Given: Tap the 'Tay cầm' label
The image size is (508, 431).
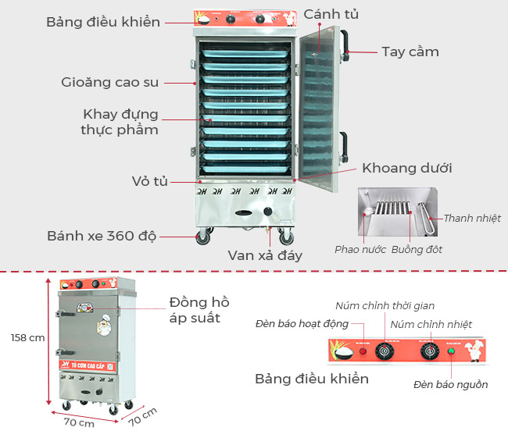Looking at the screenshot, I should [410, 52].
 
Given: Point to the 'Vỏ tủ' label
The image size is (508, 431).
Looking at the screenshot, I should [149, 181].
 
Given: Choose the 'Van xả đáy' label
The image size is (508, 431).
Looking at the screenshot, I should [265, 255].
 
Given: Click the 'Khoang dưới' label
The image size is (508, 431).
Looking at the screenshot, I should [406, 168].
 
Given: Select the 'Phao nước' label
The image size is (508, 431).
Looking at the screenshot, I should [359, 250].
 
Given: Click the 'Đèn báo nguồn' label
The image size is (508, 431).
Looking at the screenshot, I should [450, 384].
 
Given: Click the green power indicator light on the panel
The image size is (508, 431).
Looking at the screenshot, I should [451, 351].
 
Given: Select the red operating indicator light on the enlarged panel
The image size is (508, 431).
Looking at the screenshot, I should [362, 351].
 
